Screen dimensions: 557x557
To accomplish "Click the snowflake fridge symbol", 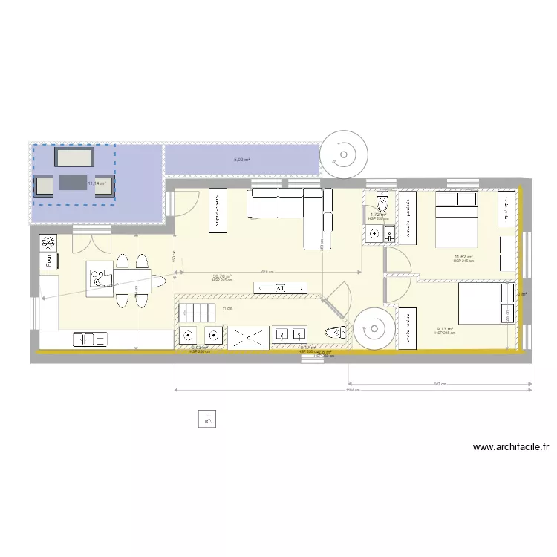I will point(48,242).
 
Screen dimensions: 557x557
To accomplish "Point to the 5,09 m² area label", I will point(242,160).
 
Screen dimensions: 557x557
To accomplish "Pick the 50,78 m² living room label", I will point(222,277).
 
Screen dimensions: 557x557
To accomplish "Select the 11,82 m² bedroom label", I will point(463,258).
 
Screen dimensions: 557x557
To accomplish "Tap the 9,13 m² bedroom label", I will point(444,329).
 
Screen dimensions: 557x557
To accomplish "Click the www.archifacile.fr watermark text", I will point(510,447).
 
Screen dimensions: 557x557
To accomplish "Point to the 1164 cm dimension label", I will point(353,391).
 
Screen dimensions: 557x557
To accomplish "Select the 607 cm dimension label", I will point(440,384).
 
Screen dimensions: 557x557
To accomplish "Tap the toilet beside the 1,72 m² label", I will point(382,203).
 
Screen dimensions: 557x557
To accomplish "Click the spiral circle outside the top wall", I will point(342,155).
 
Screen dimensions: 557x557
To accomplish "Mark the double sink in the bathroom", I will point(289,335).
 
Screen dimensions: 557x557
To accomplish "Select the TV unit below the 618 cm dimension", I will point(280,288).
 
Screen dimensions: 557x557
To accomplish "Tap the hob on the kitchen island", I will point(96,277).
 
